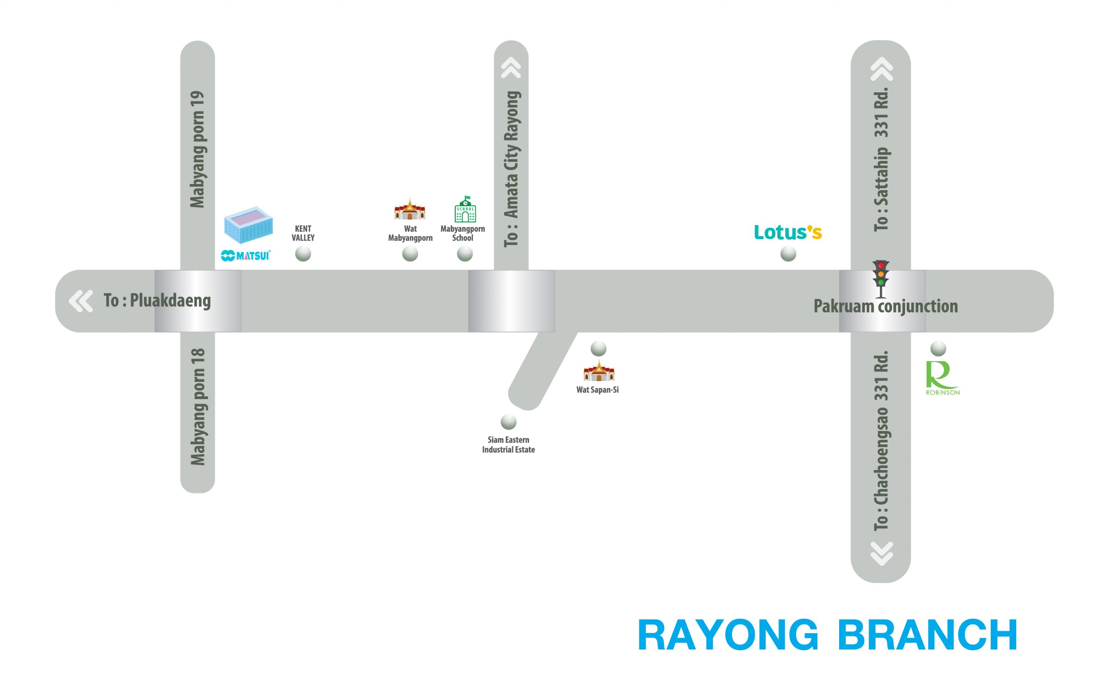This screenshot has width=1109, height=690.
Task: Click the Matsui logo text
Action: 246,256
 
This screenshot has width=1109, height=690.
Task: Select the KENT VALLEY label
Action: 303,233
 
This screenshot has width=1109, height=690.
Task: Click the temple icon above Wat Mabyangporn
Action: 410,210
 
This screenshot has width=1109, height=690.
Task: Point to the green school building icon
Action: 465,209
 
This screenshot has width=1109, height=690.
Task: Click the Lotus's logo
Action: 788,232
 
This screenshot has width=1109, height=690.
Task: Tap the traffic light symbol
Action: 881,279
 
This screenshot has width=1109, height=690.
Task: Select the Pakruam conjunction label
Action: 885,306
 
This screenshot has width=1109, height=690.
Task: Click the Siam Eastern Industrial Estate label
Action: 509,444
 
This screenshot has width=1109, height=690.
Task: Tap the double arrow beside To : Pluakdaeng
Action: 81,301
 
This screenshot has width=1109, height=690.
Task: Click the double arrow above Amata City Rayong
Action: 511,68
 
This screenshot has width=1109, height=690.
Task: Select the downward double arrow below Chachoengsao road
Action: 881,553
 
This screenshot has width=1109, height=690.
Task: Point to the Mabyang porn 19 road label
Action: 197,149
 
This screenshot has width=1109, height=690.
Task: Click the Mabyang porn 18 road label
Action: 197,407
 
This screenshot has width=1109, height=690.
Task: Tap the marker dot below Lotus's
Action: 788,254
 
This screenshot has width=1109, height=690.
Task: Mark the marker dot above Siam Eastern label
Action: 509,422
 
